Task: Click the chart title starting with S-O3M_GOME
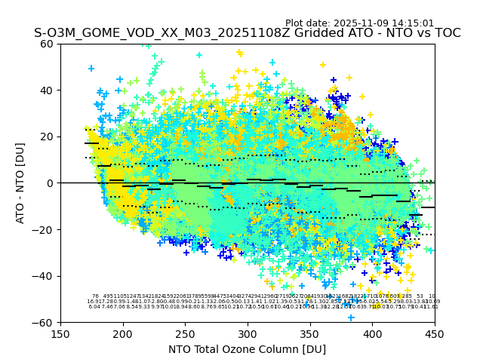pyautogui.click(x=247, y=33)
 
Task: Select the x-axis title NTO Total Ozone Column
pyautogui.click(x=247, y=349)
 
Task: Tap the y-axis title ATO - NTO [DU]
pyautogui.click(x=20, y=183)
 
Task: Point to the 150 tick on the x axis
pyautogui.click(x=60, y=334)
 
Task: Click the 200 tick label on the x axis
pyautogui.click(x=123, y=334)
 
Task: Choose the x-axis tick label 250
pyautogui.click(x=186, y=334)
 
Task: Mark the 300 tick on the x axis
pyautogui.click(x=248, y=334)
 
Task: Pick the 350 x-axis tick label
pyautogui.click(x=310, y=334)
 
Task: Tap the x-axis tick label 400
pyautogui.click(x=372, y=334)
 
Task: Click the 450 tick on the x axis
pyautogui.click(x=435, y=334)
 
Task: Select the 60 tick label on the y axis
pyautogui.click(x=46, y=44)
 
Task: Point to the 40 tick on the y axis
pyautogui.click(x=46, y=90)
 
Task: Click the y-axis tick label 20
pyautogui.click(x=46, y=137)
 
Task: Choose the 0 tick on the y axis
pyautogui.click(x=49, y=183)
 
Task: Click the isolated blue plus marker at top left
pyautogui.click(x=91, y=69)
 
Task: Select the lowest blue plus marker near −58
pyautogui.click(x=351, y=318)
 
